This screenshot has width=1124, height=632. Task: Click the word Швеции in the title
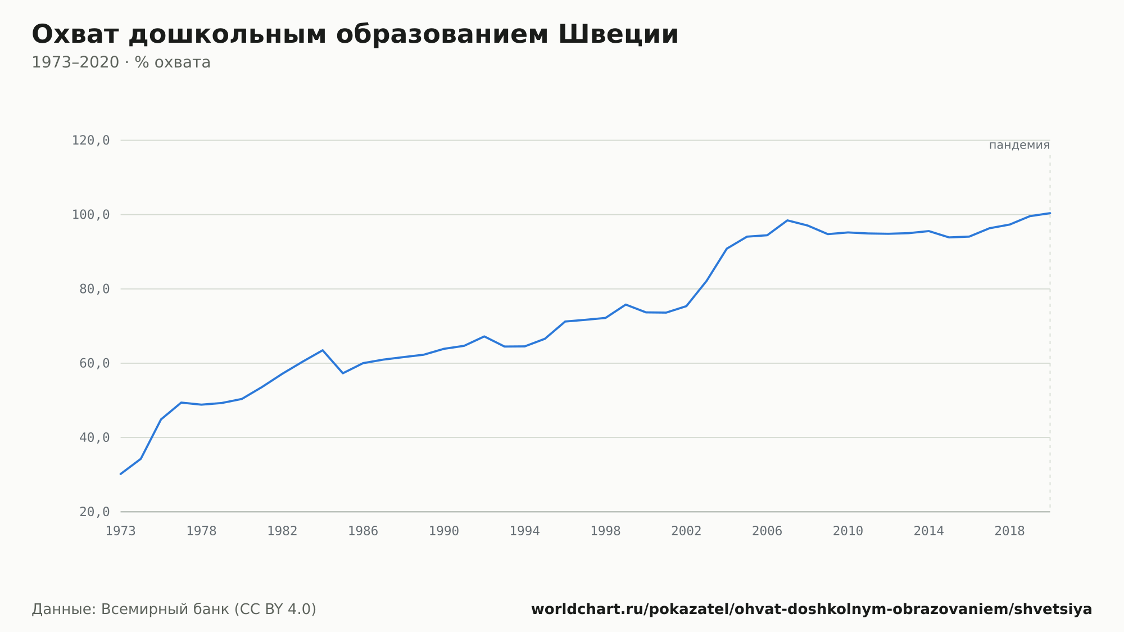pos(618,34)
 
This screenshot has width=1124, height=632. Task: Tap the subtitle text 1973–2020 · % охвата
pos(121,62)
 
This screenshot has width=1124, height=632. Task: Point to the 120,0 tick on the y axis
pos(90,141)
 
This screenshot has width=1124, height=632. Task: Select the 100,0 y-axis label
pos(90,215)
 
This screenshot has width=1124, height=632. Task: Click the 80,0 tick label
pos(94,289)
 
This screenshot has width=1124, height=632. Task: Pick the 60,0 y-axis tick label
pos(94,363)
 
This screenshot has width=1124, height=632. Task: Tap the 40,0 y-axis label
pos(94,437)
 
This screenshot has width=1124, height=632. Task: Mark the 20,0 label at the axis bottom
pos(94,512)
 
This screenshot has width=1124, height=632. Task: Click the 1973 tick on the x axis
pos(121,531)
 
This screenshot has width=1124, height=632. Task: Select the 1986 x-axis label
pos(363,531)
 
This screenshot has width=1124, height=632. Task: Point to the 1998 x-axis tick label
pos(605,531)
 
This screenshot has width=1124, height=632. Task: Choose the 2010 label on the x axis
pos(848,531)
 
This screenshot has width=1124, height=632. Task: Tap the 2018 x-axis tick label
pos(1010,531)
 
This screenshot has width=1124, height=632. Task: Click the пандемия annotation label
pos(1019,145)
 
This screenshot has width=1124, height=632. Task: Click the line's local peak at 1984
pos(323,350)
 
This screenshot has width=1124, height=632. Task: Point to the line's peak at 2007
pos(787,220)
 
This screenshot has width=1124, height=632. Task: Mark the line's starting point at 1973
pos(121,474)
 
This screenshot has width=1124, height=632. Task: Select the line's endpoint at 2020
pos(1050,213)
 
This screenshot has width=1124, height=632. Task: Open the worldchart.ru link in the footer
pos(812,610)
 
